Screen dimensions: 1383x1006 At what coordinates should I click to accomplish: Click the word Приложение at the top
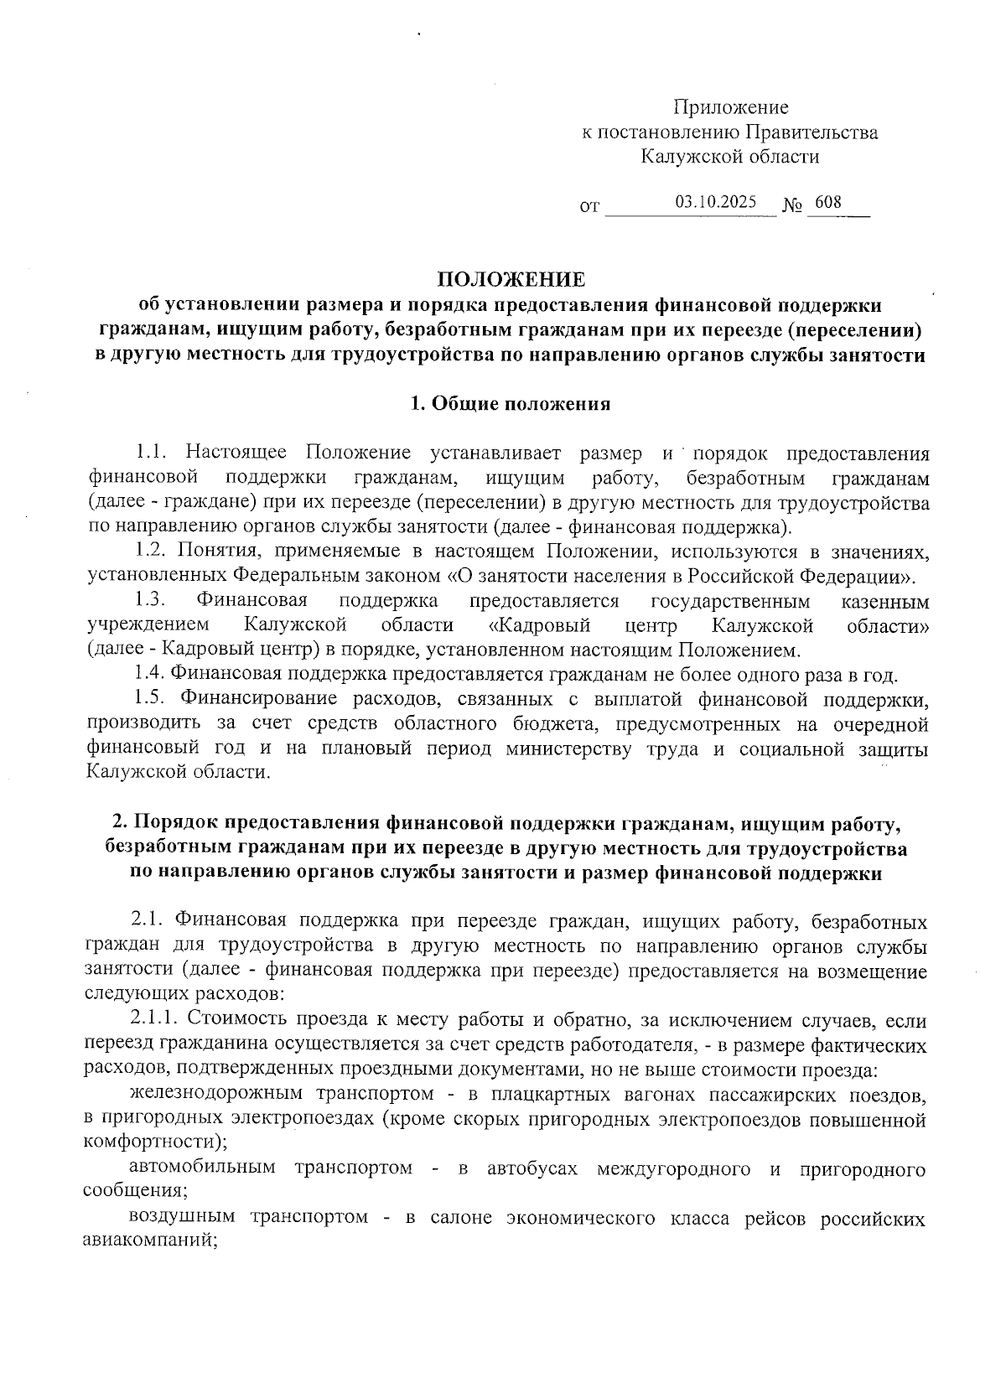coord(731,108)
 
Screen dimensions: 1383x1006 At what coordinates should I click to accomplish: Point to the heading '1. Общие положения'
coord(510,404)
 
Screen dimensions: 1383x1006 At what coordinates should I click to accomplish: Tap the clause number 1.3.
coord(153,601)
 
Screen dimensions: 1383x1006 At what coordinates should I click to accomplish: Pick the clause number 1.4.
coord(152,674)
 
